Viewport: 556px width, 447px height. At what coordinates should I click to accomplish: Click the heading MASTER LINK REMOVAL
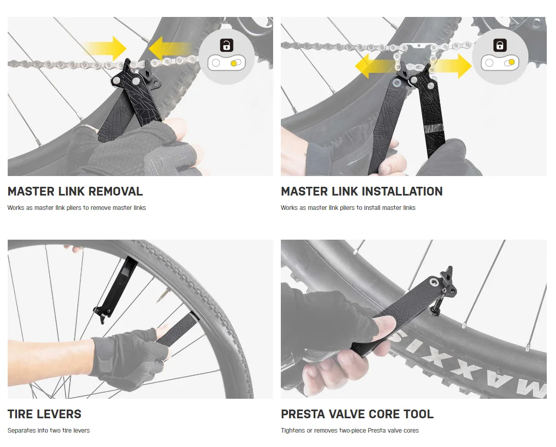pyautogui.click(x=75, y=191)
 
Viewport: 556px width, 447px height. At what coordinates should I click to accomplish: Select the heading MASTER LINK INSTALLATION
pyautogui.click(x=361, y=191)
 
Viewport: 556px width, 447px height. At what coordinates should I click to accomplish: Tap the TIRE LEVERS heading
pyautogui.click(x=45, y=414)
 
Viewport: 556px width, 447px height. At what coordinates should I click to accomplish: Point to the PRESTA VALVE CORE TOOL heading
pyautogui.click(x=357, y=414)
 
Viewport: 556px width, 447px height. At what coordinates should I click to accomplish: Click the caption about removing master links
pyautogui.click(x=76, y=208)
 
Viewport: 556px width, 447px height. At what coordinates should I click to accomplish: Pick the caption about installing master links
pyautogui.click(x=348, y=208)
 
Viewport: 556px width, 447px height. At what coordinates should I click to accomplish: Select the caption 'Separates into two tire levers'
pyautogui.click(x=49, y=431)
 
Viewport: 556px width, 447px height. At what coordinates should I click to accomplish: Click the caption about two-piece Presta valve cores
pyautogui.click(x=350, y=431)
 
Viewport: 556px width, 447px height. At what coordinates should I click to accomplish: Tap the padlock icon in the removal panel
pyautogui.click(x=226, y=45)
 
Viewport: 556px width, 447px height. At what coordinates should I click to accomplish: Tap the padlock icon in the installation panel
pyautogui.click(x=500, y=45)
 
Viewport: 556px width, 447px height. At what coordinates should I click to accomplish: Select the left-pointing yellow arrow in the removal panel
pyautogui.click(x=167, y=49)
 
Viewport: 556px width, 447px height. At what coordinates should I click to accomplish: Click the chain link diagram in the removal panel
pyautogui.click(x=226, y=64)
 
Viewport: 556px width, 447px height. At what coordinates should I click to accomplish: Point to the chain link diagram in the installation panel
pyautogui.click(x=500, y=64)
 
